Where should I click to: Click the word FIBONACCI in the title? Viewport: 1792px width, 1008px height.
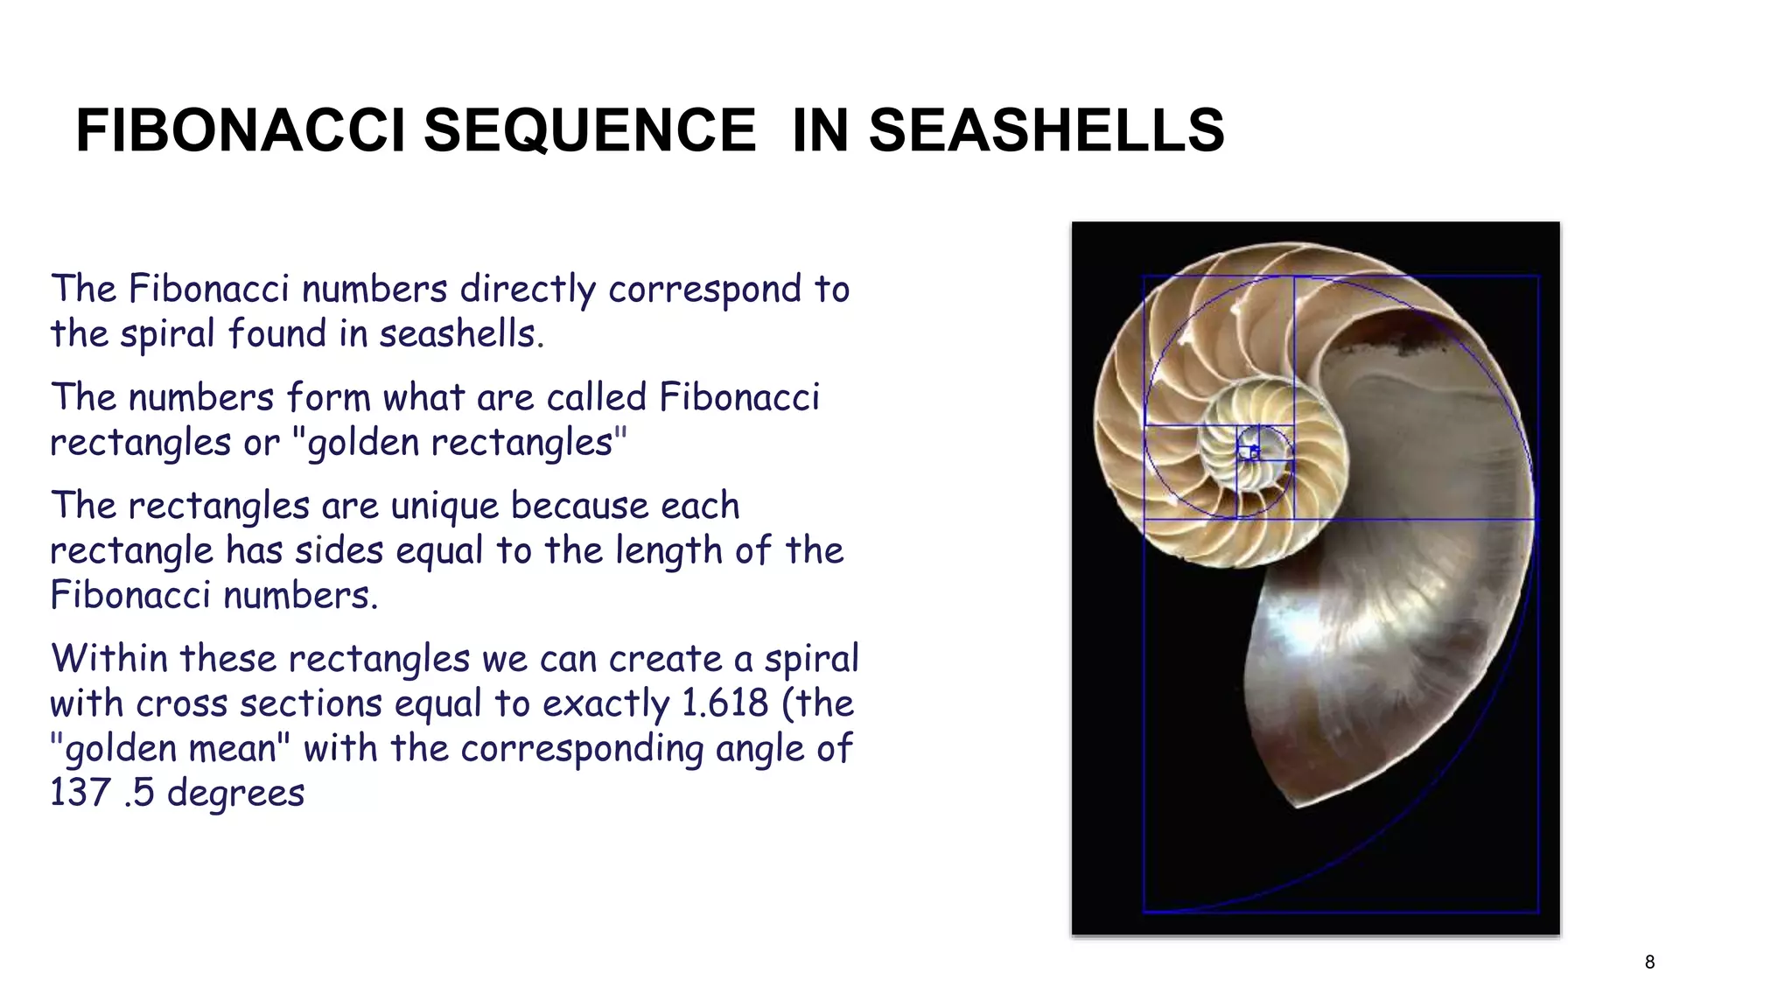[x=240, y=131]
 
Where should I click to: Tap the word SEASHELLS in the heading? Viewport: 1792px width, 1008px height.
[x=1046, y=131]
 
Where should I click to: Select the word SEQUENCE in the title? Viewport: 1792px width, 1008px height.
[x=590, y=131]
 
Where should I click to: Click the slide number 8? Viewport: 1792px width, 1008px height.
[x=1649, y=962]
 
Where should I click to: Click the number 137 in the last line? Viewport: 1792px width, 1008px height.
[x=80, y=793]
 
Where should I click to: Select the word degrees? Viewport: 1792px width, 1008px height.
[x=235, y=793]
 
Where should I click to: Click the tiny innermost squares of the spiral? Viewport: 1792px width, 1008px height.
[x=1249, y=452]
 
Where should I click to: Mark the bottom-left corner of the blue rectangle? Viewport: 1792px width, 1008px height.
[x=1144, y=912]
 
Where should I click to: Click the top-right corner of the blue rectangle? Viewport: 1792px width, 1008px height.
[x=1538, y=276]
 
